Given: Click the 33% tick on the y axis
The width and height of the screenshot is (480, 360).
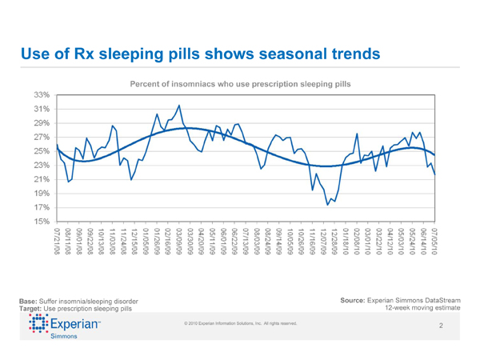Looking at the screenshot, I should click(x=42, y=94).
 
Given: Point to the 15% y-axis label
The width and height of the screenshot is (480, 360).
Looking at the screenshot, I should click(x=42, y=221).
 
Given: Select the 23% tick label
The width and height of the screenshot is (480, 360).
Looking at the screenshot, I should click(x=42, y=165).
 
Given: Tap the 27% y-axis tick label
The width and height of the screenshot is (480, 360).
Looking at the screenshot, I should click(x=42, y=137).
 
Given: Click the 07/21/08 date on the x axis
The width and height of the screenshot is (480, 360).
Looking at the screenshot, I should click(x=58, y=241).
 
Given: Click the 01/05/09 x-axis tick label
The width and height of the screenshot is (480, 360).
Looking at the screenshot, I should click(x=146, y=241).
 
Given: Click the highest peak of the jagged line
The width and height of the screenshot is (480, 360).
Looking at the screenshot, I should click(x=178, y=106).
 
